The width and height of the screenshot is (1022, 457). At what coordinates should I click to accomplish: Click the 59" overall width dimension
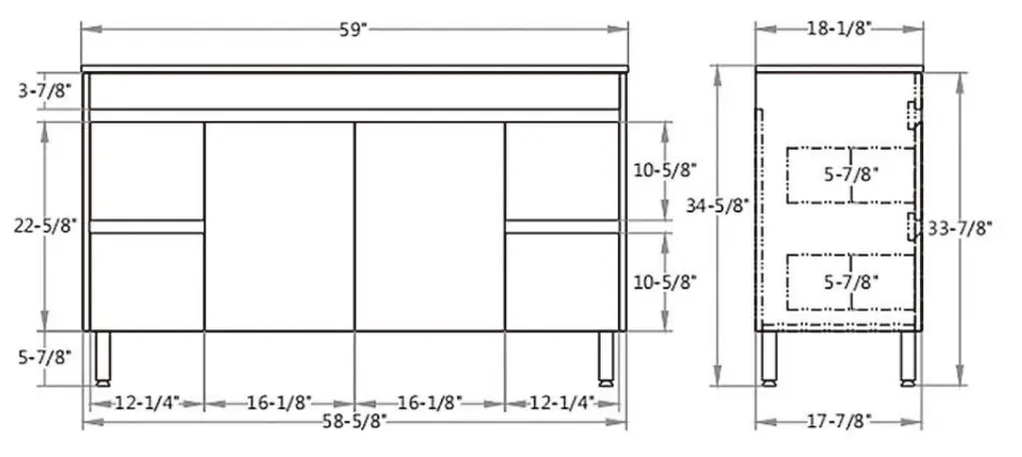pos(353,29)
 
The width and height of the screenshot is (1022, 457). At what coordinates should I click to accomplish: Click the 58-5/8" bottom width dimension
pos(353,420)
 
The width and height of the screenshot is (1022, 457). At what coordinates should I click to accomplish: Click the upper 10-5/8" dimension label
pos(665,171)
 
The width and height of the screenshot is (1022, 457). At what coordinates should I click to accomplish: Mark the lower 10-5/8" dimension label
pos(665,281)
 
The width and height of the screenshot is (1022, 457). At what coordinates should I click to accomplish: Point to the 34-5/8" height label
pos(719,206)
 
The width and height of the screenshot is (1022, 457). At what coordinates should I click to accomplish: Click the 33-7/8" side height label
pos(959,228)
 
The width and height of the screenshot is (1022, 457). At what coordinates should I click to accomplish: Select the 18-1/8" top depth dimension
pos(839,29)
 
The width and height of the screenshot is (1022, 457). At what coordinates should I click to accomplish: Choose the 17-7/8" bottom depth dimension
pos(839,420)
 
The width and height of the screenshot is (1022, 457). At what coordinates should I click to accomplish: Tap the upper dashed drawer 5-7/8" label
pos(851,175)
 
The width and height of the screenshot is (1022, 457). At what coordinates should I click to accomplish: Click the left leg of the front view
pos(102,358)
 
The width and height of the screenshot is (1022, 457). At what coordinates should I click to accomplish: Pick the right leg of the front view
pos(607,358)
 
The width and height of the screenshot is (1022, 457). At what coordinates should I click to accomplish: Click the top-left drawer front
pos(147,171)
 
